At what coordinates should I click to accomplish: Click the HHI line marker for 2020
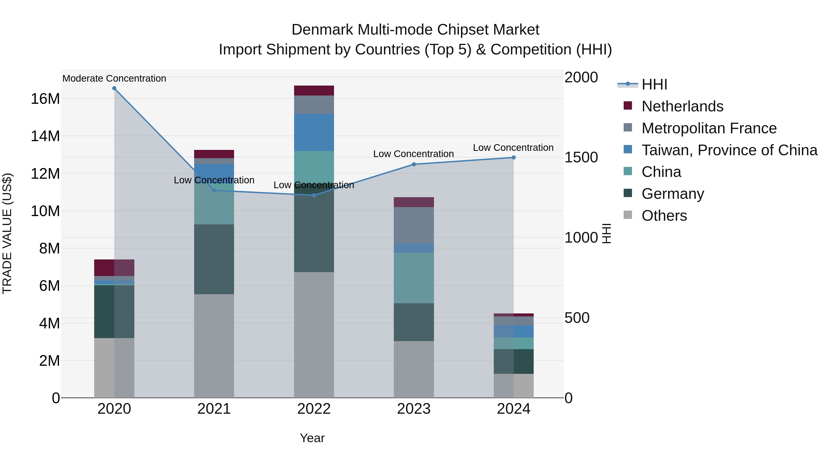pyautogui.click(x=114, y=88)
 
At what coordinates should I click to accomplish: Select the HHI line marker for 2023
pyautogui.click(x=414, y=164)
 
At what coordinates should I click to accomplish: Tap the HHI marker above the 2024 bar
pyautogui.click(x=514, y=158)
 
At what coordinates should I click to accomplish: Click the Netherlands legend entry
pyautogui.click(x=682, y=106)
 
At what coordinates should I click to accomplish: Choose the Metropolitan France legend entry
pyautogui.click(x=709, y=128)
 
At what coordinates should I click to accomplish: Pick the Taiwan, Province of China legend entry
pyautogui.click(x=729, y=150)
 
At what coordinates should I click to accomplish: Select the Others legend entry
pyautogui.click(x=664, y=216)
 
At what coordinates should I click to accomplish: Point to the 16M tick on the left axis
pyautogui.click(x=45, y=99)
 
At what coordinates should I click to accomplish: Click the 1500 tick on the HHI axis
pyautogui.click(x=581, y=158)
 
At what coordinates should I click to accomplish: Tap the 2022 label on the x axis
pyautogui.click(x=313, y=409)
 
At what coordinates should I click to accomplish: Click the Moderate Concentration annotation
pyautogui.click(x=114, y=78)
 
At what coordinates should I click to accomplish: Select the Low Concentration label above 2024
pyautogui.click(x=513, y=148)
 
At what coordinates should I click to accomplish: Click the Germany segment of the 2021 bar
pyautogui.click(x=214, y=259)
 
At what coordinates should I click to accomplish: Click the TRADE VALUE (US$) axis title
pyautogui.click(x=7, y=233)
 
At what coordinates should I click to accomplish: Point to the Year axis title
pyautogui.click(x=312, y=438)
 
